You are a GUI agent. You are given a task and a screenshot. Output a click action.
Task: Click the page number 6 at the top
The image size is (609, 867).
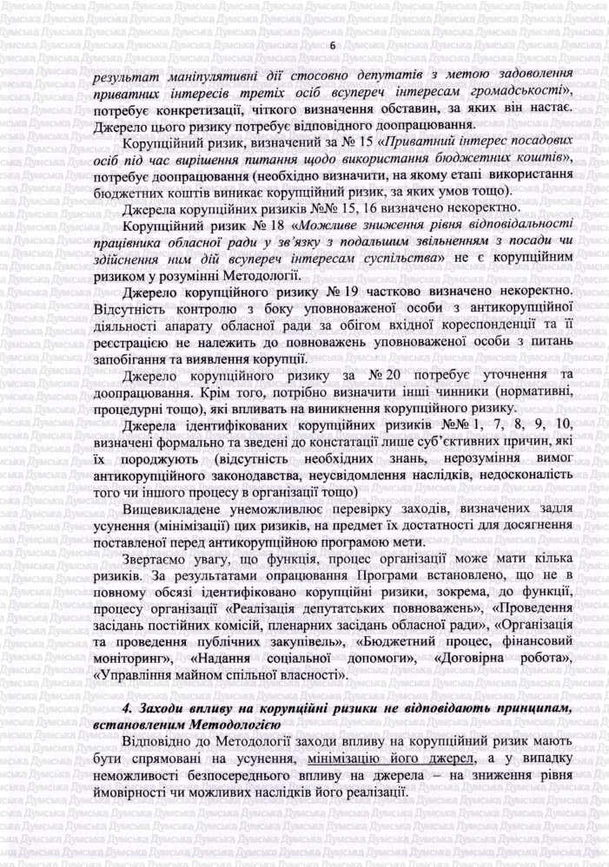click(332, 44)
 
